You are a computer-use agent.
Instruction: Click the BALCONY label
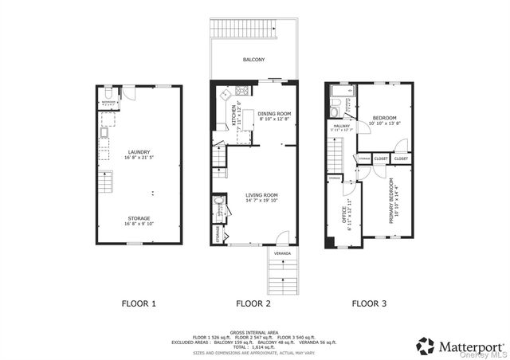(x=254, y=60)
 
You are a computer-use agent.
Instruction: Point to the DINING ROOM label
(x=274, y=113)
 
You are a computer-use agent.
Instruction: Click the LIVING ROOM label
(x=261, y=195)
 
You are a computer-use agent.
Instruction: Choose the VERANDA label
(x=282, y=253)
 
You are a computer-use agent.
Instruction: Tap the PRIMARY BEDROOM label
(x=392, y=204)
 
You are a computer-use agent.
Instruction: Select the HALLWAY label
(x=342, y=125)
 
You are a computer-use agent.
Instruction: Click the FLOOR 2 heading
(x=253, y=303)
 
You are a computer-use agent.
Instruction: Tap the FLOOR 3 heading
(x=370, y=303)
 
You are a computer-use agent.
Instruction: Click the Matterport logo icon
(x=426, y=346)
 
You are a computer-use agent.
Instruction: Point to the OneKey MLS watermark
(x=488, y=355)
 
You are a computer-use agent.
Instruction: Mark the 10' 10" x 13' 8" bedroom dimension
(x=384, y=123)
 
